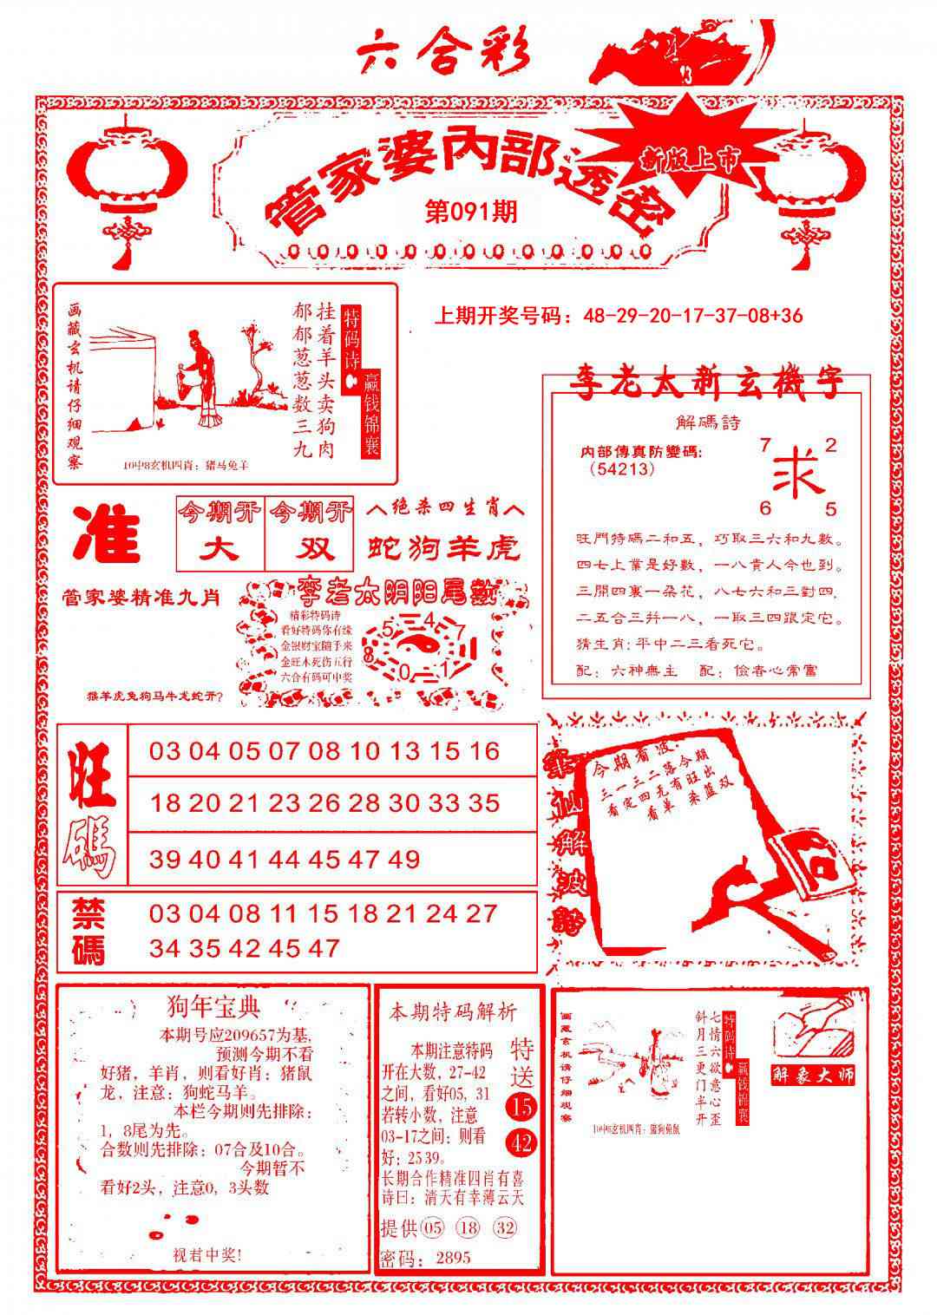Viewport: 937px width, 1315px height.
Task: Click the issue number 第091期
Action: [x=471, y=212]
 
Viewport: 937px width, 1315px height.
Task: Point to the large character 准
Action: [x=108, y=534]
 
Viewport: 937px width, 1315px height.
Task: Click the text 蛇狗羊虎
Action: [x=444, y=548]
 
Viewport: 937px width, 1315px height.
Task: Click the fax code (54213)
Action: [x=620, y=469]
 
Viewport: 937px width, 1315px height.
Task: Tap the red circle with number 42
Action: [x=522, y=1143]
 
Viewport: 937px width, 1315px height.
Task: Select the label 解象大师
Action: [x=814, y=1074]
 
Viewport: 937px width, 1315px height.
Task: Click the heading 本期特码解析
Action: [x=452, y=1011]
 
